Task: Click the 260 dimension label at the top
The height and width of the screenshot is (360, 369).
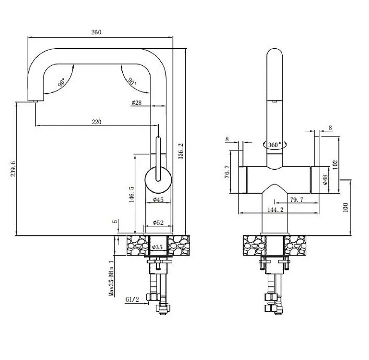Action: (x=96, y=32)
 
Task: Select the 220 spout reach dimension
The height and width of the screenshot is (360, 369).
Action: (x=96, y=122)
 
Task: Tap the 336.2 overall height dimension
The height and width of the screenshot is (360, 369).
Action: (x=181, y=151)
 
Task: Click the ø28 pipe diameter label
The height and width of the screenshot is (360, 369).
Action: (x=137, y=103)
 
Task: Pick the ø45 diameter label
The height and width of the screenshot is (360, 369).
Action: (x=158, y=200)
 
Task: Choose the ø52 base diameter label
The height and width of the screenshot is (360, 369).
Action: (x=158, y=222)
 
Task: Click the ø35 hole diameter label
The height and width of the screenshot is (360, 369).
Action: (x=157, y=247)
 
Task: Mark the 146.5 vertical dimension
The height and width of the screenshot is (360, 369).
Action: (x=132, y=194)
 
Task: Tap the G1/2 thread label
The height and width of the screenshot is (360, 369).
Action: (x=132, y=299)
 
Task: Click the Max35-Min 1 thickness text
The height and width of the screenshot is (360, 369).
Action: (x=111, y=278)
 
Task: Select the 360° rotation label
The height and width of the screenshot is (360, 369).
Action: (x=275, y=145)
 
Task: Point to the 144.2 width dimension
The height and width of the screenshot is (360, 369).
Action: (x=276, y=210)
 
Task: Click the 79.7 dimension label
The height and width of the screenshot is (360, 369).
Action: (x=297, y=200)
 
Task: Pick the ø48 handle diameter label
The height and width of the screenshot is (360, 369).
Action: (x=325, y=180)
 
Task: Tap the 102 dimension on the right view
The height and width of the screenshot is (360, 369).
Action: (x=335, y=165)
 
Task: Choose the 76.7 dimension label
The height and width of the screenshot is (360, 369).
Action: (x=227, y=172)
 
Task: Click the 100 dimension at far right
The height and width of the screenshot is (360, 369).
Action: (x=345, y=208)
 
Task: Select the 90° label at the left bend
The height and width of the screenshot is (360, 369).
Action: (x=62, y=82)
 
